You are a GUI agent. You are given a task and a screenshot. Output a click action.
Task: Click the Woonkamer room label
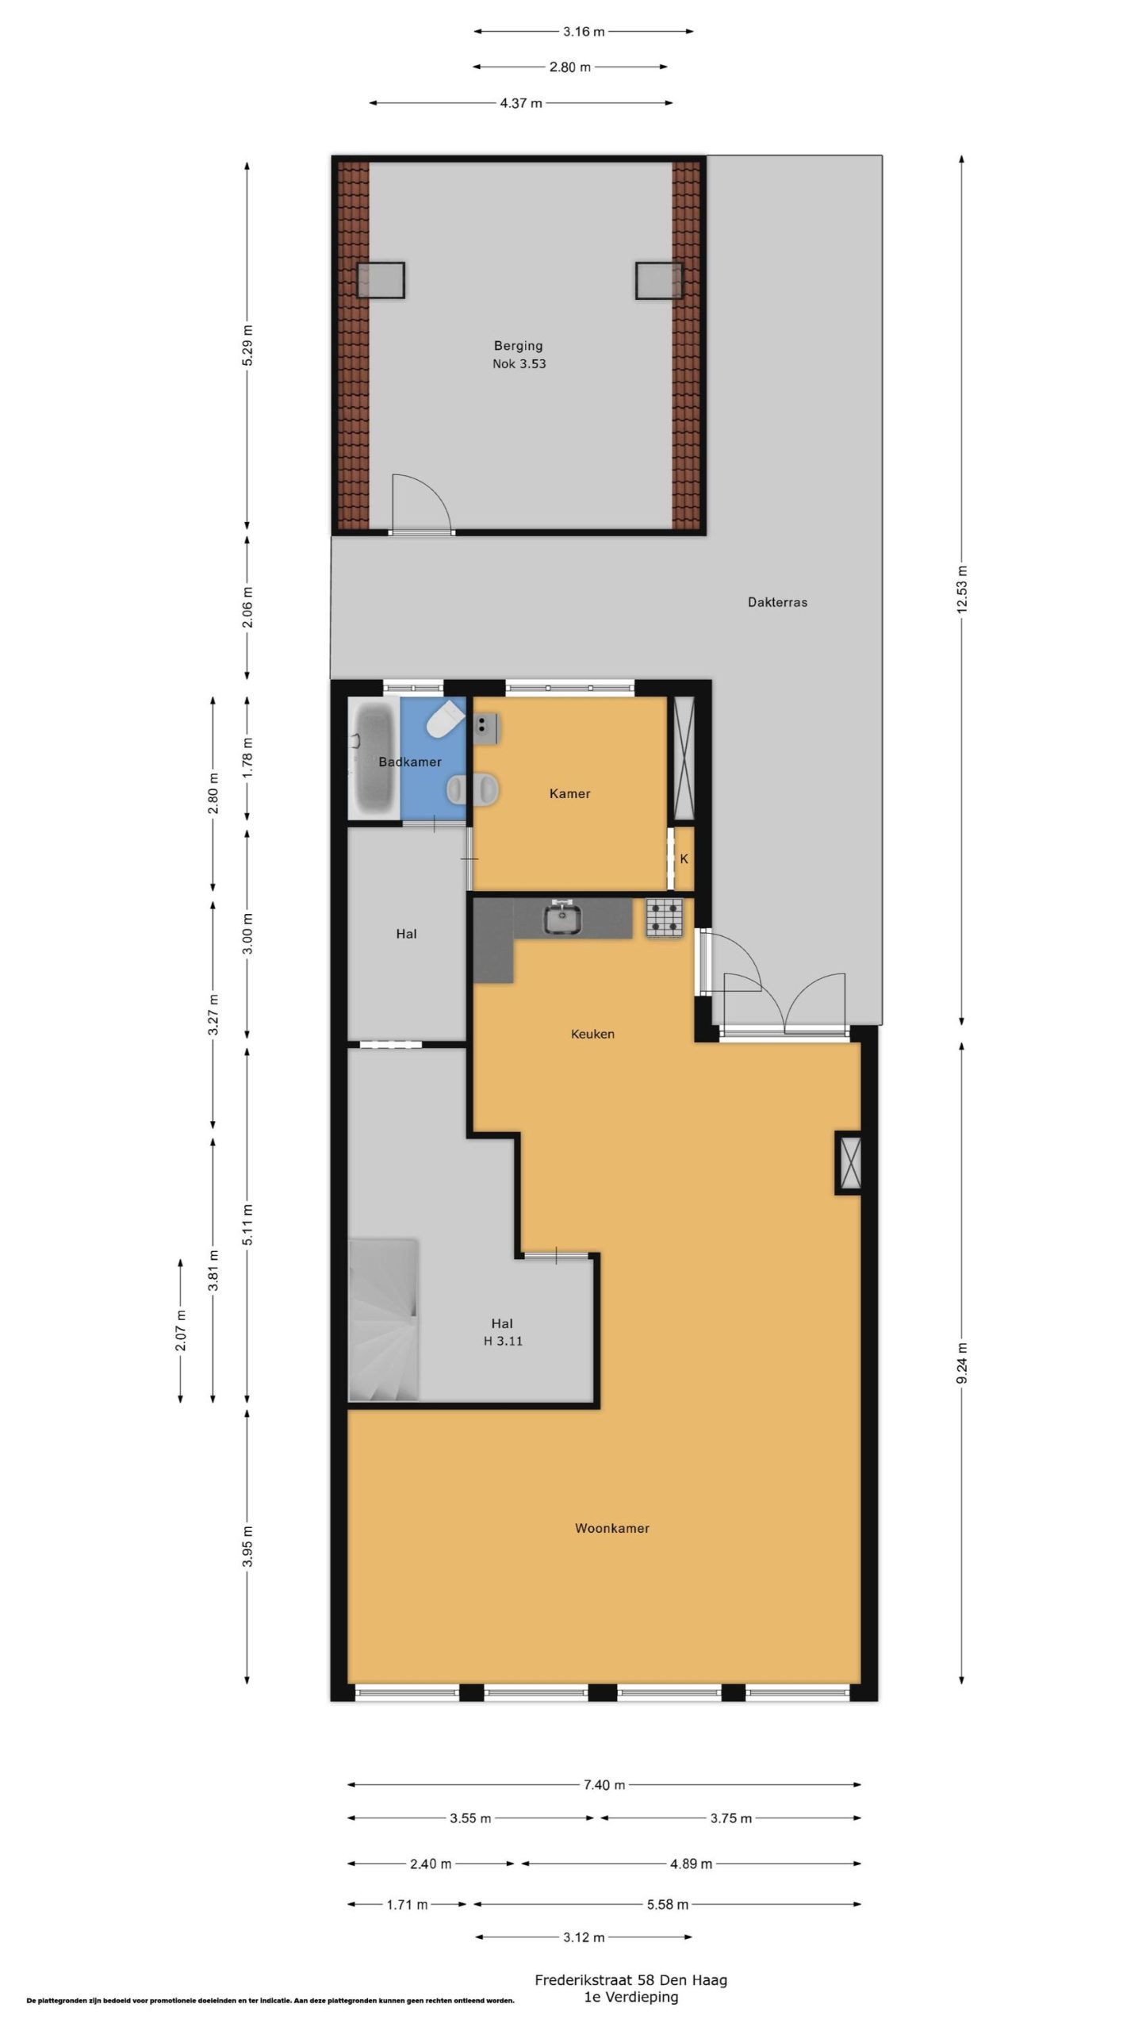click(x=611, y=1528)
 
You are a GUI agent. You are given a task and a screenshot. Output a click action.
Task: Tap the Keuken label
click(x=592, y=1034)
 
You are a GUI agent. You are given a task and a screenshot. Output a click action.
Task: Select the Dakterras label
click(x=777, y=602)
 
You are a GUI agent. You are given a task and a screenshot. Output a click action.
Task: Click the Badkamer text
click(x=410, y=762)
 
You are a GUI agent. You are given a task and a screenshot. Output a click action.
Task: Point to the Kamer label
click(x=569, y=793)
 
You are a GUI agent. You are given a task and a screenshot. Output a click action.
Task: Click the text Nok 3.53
click(x=519, y=364)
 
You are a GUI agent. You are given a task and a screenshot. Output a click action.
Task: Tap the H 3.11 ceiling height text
click(x=503, y=1341)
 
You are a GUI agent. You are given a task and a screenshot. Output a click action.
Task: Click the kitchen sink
click(x=563, y=919)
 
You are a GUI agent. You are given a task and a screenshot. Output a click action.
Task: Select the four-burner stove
click(x=664, y=918)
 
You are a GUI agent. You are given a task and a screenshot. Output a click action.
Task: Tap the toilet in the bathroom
click(x=445, y=718)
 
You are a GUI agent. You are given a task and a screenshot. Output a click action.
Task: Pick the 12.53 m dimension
click(x=962, y=589)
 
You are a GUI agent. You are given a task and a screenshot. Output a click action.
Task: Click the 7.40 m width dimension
click(x=604, y=1785)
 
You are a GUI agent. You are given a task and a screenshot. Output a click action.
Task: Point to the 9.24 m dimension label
click(x=962, y=1364)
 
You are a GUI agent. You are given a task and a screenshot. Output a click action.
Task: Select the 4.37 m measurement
click(x=521, y=103)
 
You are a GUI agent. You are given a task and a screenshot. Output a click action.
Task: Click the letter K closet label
click(x=684, y=859)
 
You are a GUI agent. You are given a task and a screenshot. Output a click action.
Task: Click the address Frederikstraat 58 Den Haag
click(x=630, y=1980)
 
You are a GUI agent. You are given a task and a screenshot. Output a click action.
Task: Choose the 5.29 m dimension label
click(x=247, y=346)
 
